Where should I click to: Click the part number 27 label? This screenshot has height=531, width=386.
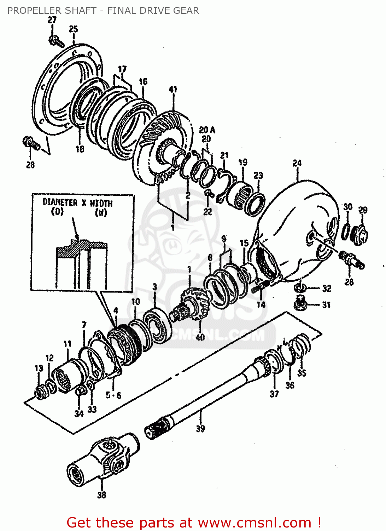pos(52,20)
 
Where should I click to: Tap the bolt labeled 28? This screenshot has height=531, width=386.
pos(30,143)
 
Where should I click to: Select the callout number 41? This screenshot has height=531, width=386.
pos(173,90)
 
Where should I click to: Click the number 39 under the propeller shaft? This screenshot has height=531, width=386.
pos(200,429)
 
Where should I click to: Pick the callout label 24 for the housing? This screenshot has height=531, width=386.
pos(297,163)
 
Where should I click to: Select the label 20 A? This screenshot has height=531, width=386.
pos(207,130)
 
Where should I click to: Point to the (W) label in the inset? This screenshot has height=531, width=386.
pos(101,212)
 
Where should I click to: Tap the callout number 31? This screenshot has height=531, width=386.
pos(326,305)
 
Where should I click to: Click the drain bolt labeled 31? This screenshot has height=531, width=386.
pos(301,303)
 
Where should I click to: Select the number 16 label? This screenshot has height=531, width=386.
pos(143,82)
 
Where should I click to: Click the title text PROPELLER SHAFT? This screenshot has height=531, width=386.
pos(52,11)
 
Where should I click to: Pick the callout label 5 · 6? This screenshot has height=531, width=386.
pos(113,395)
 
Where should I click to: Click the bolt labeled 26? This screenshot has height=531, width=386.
pos(351,260)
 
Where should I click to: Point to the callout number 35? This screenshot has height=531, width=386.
pos(302,373)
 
